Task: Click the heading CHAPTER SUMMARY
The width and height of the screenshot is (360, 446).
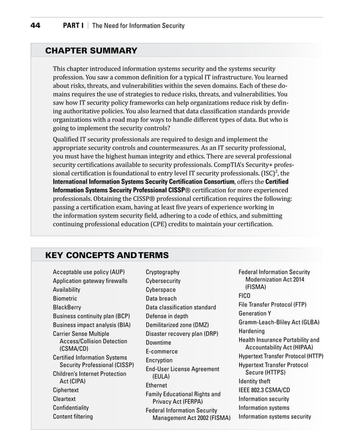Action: [91, 51]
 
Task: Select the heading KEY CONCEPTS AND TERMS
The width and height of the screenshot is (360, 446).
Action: [107, 256]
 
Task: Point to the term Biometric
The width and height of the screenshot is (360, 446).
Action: [65, 298]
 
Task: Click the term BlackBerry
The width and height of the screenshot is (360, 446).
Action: [68, 307]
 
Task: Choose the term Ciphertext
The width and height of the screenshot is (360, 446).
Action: [66, 390]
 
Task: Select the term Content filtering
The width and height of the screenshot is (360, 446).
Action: [73, 417]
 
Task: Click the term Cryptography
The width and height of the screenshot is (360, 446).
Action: [163, 272]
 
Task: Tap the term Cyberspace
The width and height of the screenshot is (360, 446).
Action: [161, 290]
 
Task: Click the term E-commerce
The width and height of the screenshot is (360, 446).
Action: [161, 351]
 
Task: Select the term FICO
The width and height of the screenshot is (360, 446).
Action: [244, 295]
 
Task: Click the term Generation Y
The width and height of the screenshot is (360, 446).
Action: [255, 313]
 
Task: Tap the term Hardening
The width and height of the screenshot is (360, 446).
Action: [252, 331]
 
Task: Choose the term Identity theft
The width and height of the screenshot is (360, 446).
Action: [254, 381]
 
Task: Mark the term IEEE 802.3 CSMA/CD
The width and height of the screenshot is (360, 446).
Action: [264, 390]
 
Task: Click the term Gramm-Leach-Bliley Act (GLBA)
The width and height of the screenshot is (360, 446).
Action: [279, 322]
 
